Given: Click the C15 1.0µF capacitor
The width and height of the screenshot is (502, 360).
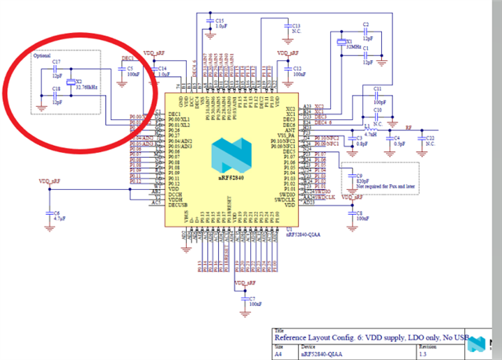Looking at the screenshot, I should click(x=210, y=22).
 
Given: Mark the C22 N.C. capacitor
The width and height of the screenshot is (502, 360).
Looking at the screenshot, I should click(x=423, y=140).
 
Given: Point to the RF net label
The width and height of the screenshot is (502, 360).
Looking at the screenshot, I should click(x=407, y=124).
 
